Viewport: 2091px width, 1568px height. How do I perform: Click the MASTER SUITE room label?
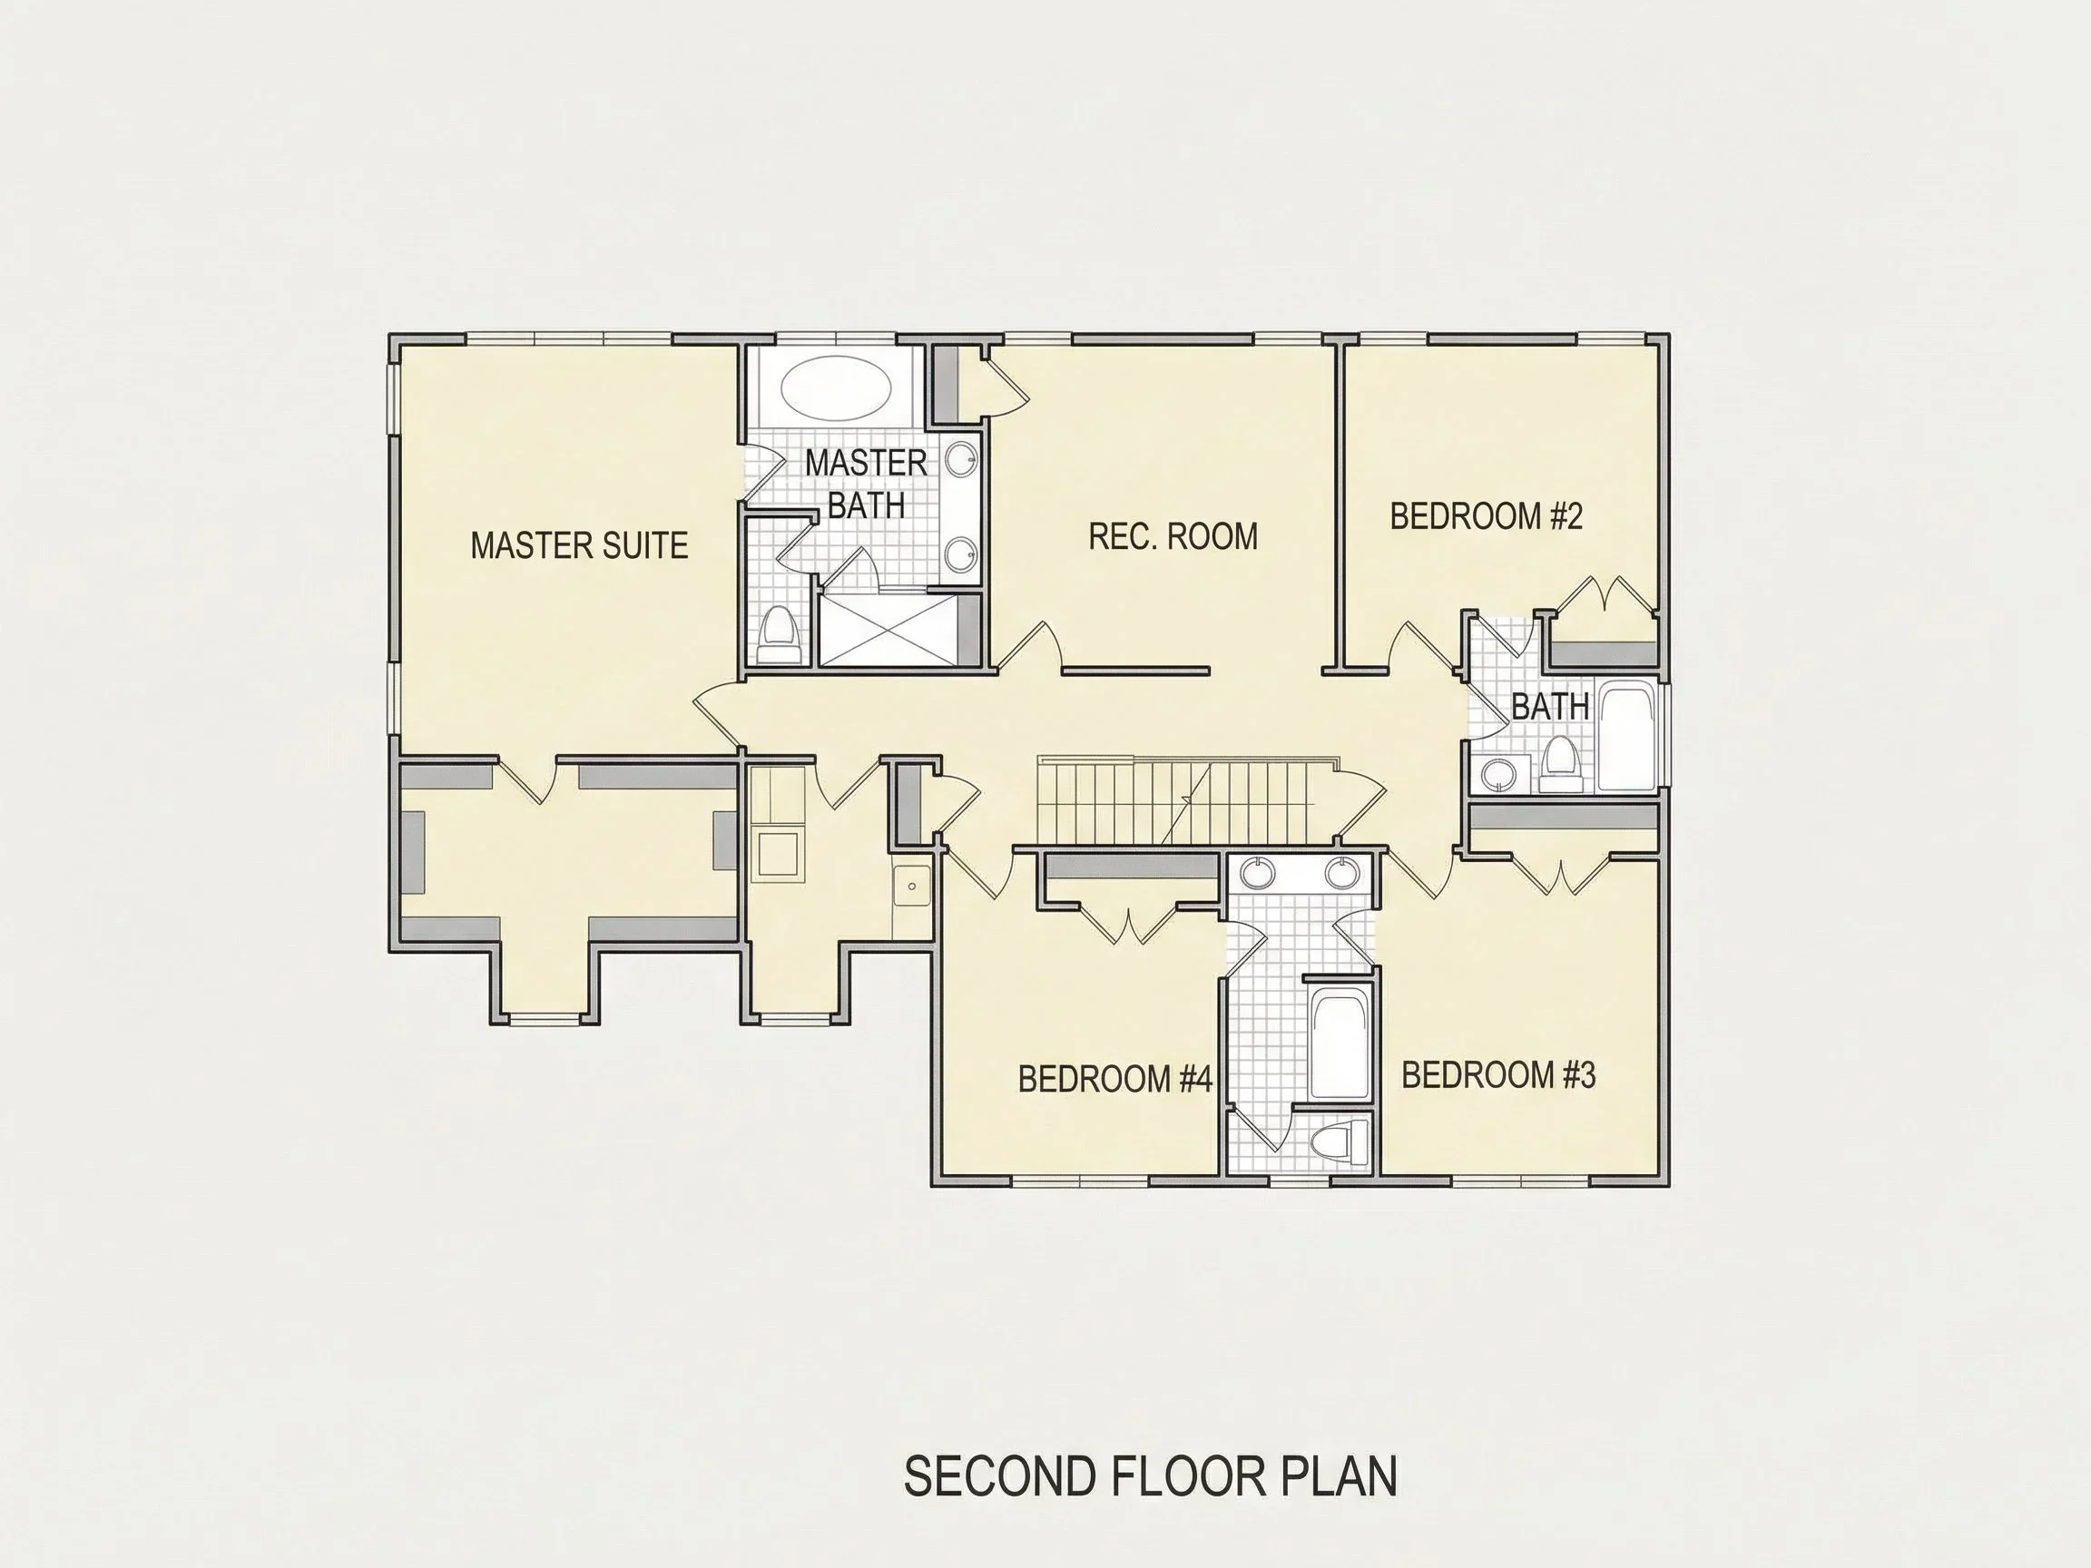pyautogui.click(x=578, y=545)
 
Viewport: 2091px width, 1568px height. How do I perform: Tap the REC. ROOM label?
pyautogui.click(x=1173, y=536)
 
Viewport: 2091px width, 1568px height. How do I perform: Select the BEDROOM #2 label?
pyautogui.click(x=1486, y=516)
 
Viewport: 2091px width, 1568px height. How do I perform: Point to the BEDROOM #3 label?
pyautogui.click(x=1498, y=1074)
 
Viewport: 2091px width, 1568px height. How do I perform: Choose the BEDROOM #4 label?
pyautogui.click(x=1114, y=1078)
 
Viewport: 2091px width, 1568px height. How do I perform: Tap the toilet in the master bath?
pyautogui.click(x=779, y=634)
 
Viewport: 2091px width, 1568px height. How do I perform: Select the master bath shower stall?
pyautogui.click(x=888, y=630)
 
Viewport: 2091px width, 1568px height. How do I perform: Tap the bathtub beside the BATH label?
pyautogui.click(x=1626, y=737)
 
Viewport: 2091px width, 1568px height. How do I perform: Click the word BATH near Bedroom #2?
pyautogui.click(x=1549, y=706)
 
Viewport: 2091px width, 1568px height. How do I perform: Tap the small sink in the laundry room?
pyautogui.click(x=912, y=886)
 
